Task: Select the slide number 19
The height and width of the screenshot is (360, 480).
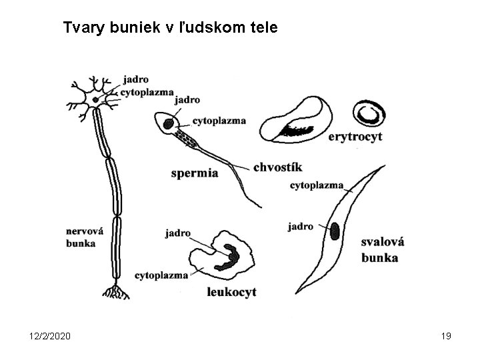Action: pyautogui.click(x=446, y=336)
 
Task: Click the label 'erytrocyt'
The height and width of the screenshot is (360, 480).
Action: pyautogui.click(x=355, y=138)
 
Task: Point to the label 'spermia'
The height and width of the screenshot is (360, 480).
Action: pyautogui.click(x=195, y=173)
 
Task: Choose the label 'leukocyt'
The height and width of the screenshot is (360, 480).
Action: pyautogui.click(x=231, y=291)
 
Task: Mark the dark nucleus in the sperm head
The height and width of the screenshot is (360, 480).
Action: pyautogui.click(x=169, y=123)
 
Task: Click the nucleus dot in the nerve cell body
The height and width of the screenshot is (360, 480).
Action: pyautogui.click(x=96, y=100)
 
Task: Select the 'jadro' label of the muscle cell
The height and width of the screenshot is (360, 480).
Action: pyautogui.click(x=301, y=227)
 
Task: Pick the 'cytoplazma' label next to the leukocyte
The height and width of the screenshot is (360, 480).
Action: pyautogui.click(x=161, y=275)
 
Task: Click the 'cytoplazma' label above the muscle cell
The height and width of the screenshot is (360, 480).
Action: pyautogui.click(x=316, y=185)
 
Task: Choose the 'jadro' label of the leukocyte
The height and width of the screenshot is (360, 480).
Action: pyautogui.click(x=177, y=233)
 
